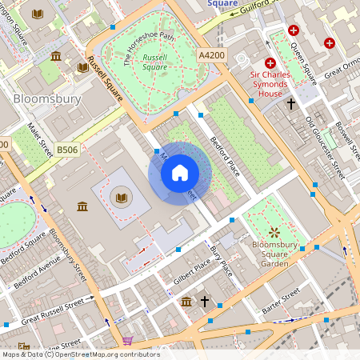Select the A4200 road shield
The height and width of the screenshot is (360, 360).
pos(212,54)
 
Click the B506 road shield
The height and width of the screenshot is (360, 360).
pos(68,150)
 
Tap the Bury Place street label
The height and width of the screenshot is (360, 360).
pos(221,262)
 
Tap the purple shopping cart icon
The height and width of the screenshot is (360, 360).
pos(127,342)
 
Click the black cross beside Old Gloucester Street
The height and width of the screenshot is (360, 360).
pos(291,104)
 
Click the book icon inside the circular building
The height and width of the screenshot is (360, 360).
pos(121,198)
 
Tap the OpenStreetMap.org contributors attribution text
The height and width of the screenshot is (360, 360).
pos(108,354)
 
